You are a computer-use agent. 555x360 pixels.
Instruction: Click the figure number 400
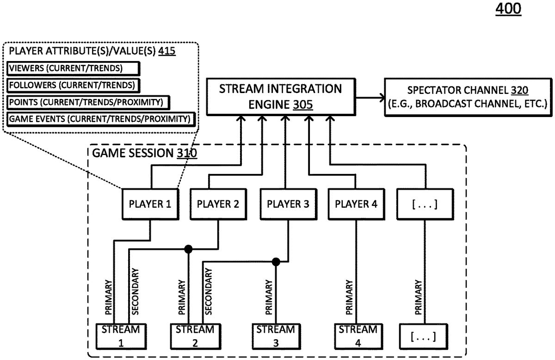[508, 9]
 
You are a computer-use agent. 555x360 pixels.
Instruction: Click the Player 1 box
[149, 204]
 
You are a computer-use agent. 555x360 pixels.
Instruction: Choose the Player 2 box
[218, 204]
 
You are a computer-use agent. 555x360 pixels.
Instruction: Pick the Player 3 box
[288, 204]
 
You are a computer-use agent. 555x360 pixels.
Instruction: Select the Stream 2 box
[195, 336]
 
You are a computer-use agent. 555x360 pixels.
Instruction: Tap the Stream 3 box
[276, 336]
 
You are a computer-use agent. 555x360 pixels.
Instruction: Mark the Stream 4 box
[357, 336]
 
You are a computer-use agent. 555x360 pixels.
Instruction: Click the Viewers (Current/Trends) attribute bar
[73, 68]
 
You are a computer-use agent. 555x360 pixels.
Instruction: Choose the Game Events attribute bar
[100, 119]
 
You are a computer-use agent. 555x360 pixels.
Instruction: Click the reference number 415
[166, 52]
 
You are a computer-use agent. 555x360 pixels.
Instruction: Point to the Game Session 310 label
[145, 152]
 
